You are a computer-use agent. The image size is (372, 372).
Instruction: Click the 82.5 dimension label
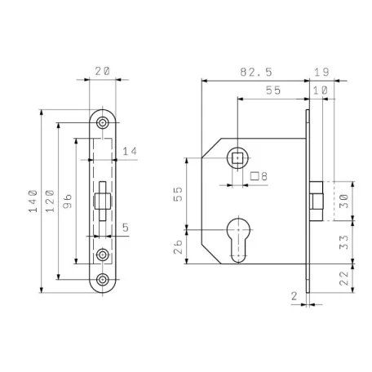(256, 72)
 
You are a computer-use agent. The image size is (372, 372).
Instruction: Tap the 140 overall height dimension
(33, 201)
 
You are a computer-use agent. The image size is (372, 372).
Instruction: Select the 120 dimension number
(50, 201)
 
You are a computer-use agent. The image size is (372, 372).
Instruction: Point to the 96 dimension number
(68, 201)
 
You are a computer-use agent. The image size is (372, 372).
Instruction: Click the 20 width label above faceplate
(103, 71)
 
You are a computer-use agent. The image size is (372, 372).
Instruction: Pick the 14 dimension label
(130, 151)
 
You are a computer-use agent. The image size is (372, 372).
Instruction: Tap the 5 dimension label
(126, 228)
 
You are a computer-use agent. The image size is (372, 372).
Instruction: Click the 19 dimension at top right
(321, 73)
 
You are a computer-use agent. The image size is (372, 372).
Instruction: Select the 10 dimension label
(321, 91)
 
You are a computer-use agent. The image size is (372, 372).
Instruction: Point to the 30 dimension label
(344, 201)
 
